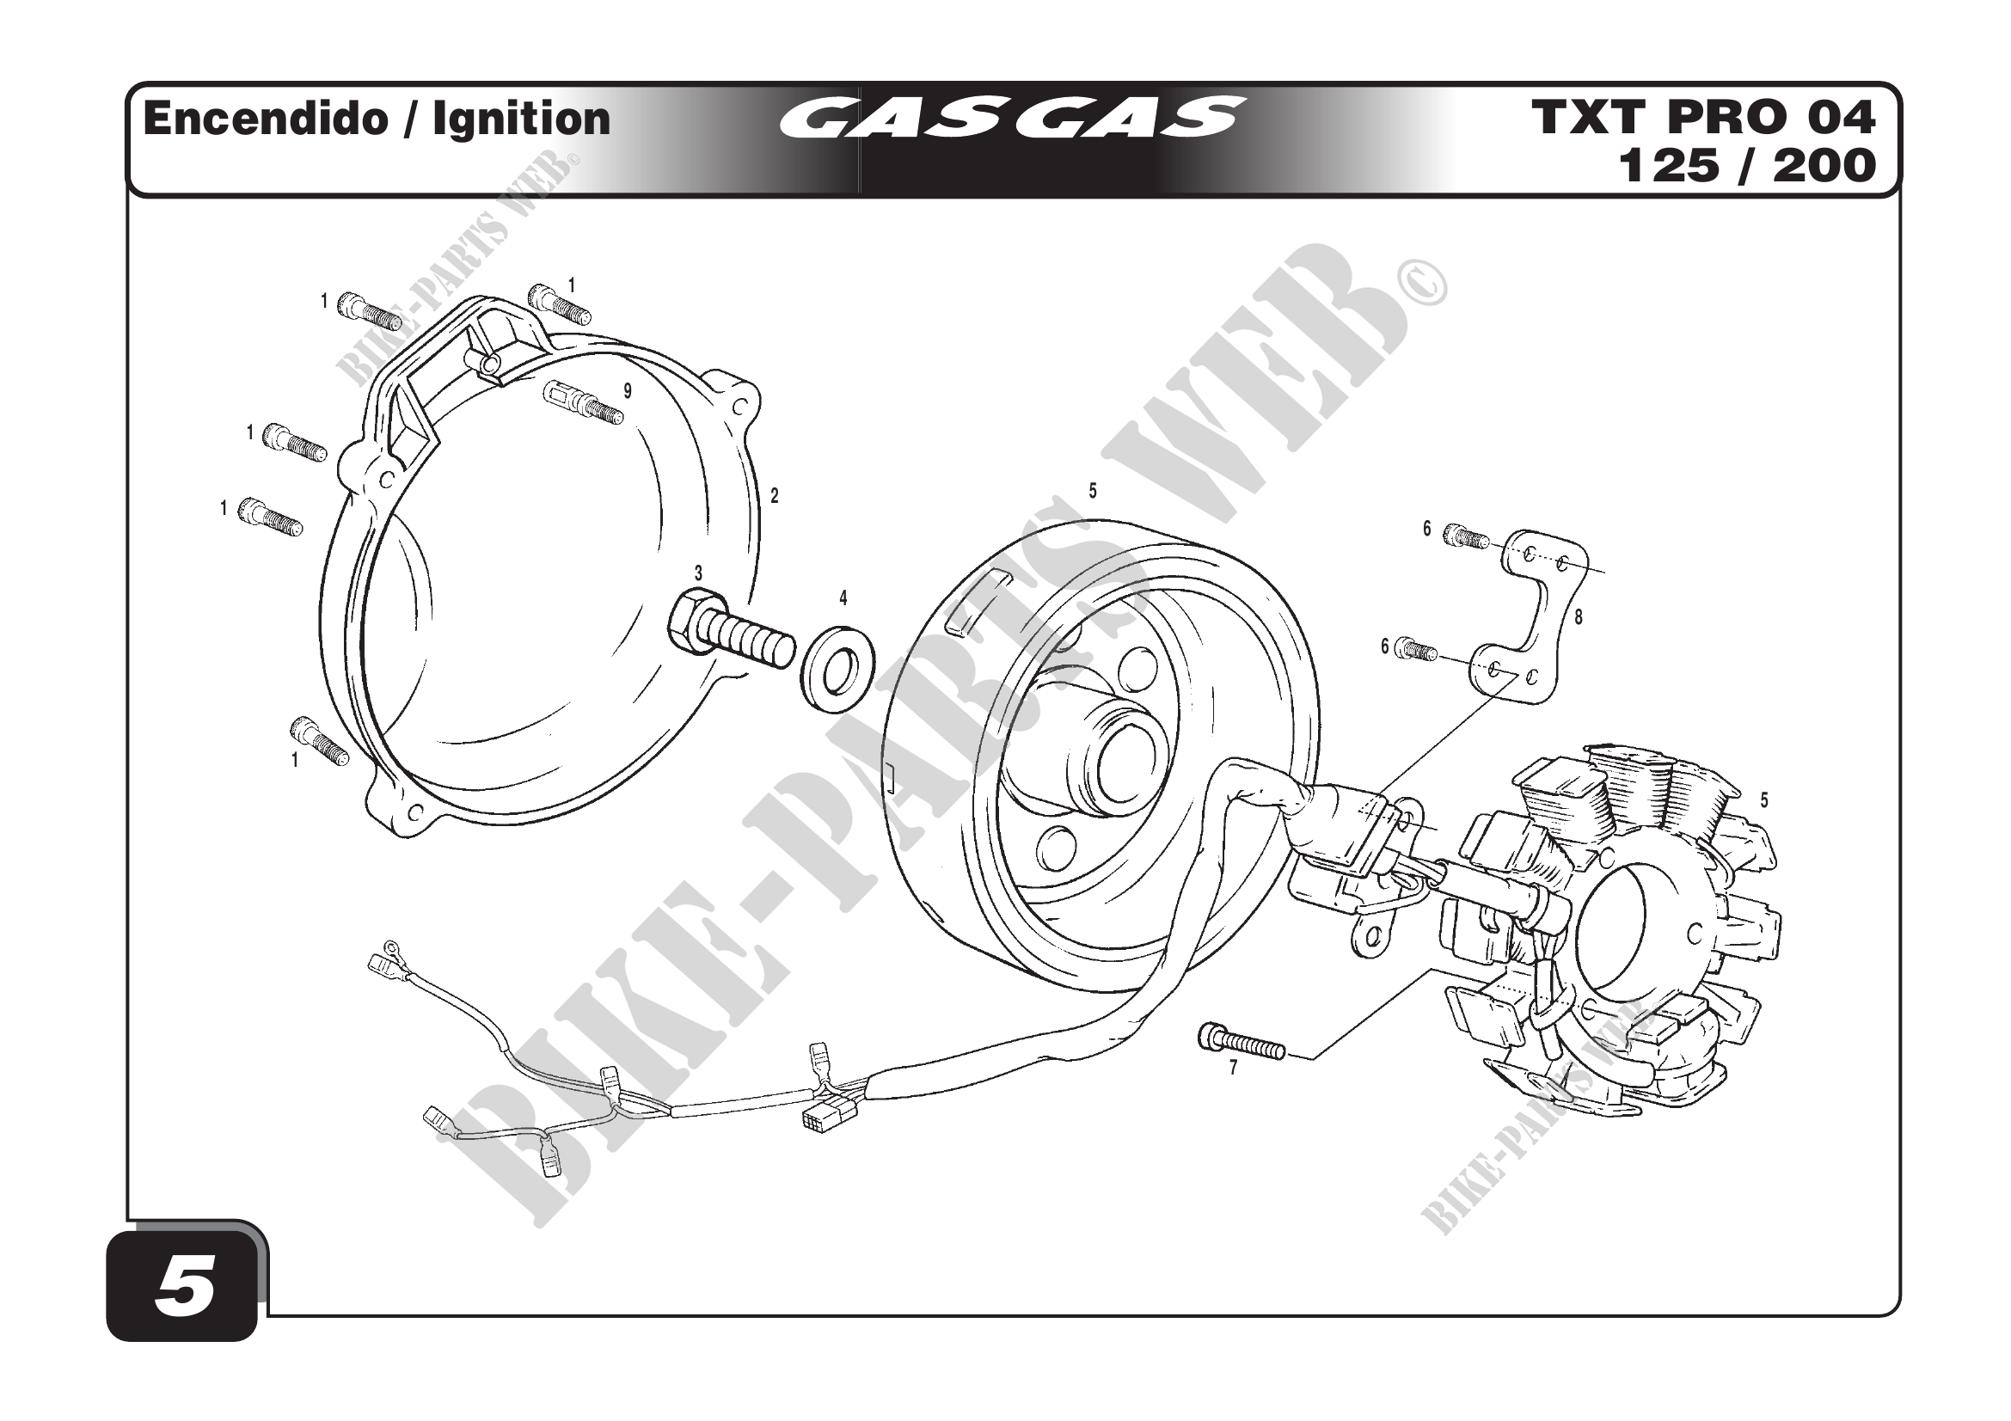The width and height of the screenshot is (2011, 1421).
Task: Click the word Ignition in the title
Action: click(521, 119)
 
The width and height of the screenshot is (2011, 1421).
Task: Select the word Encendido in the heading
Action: click(265, 119)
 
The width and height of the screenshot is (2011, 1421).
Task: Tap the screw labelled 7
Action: click(1241, 1042)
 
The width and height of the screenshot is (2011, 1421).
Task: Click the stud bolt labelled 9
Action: click(583, 401)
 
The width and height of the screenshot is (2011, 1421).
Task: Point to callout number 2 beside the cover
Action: click(775, 496)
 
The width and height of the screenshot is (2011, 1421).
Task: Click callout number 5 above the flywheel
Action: click(1092, 492)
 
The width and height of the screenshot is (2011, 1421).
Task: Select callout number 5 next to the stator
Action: click(1764, 800)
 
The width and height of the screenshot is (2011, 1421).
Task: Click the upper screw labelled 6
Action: click(1466, 536)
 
